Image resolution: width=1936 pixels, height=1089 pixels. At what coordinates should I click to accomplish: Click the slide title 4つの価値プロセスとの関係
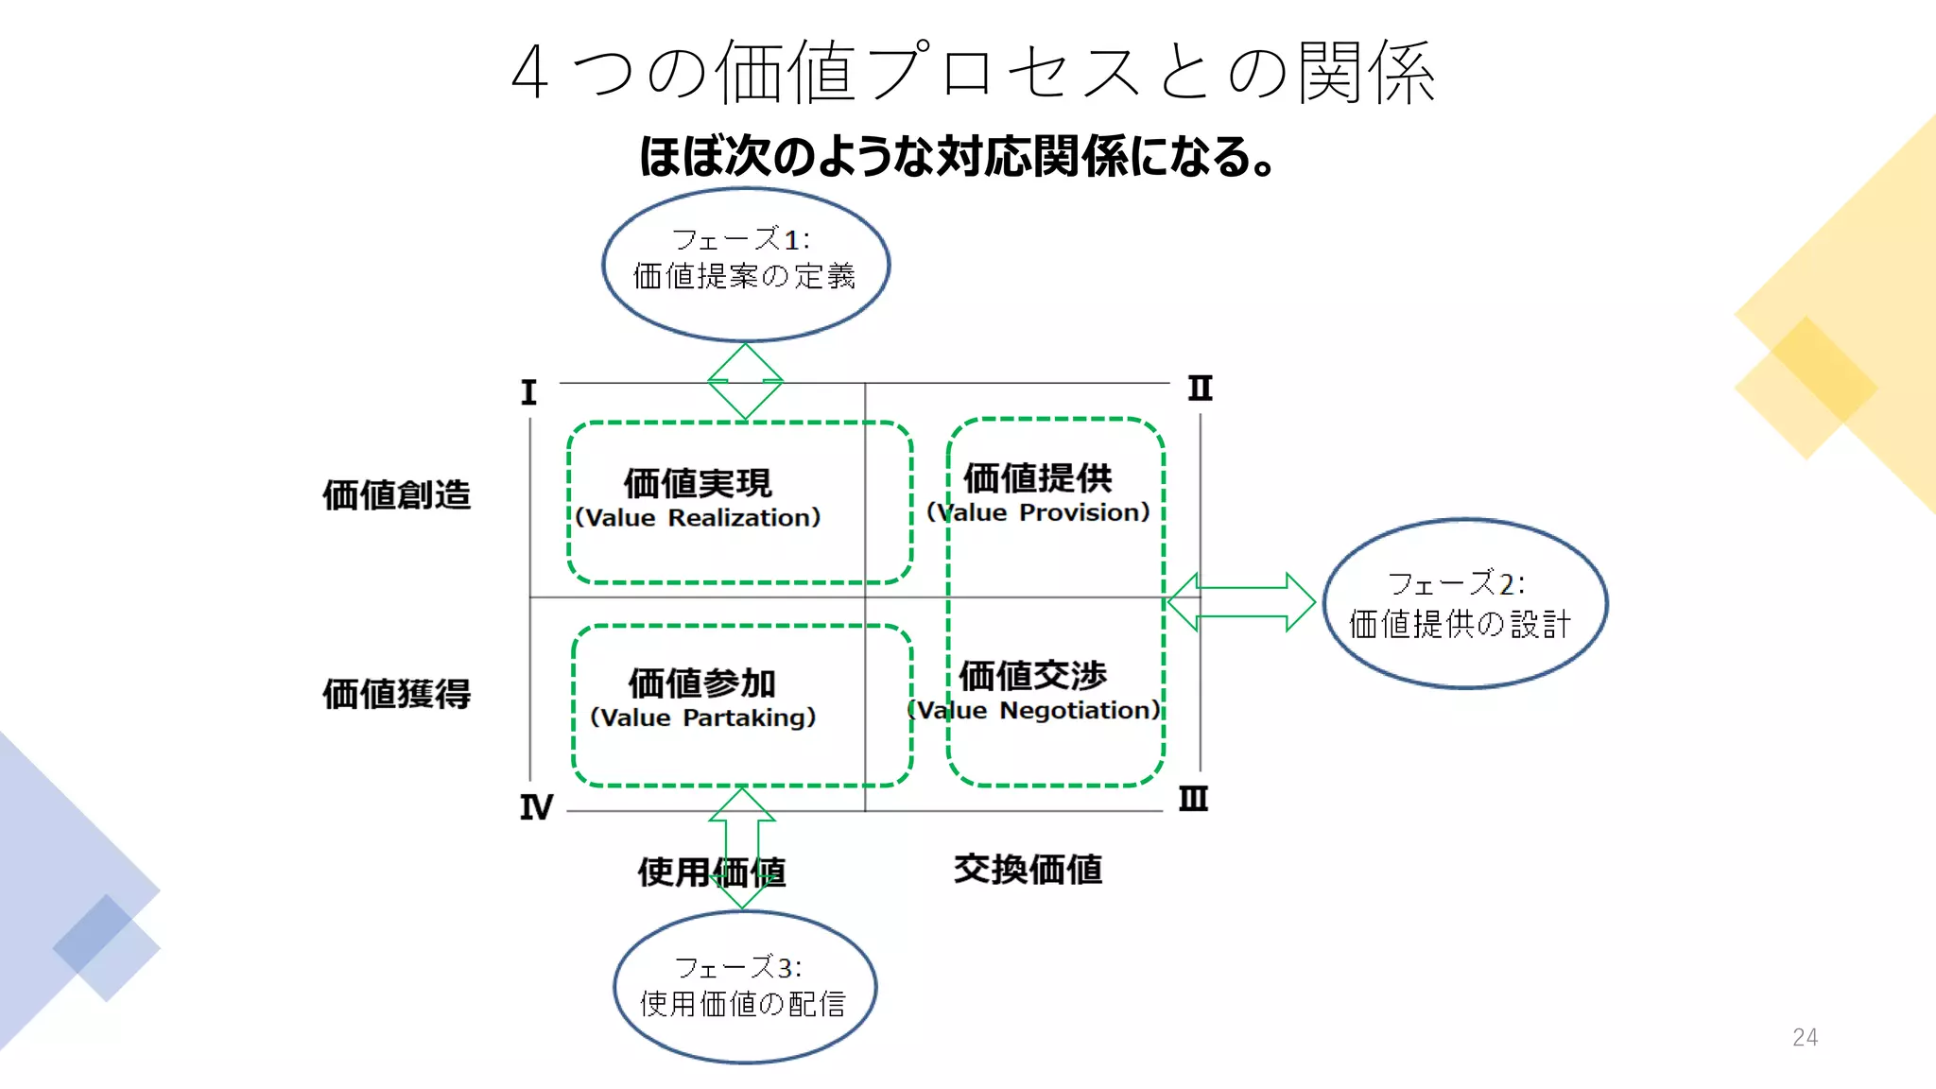click(x=974, y=72)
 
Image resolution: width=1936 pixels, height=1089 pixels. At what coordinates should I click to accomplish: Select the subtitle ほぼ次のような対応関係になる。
click(x=957, y=157)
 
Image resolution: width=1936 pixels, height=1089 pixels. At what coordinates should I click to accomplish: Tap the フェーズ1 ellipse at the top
click(x=745, y=264)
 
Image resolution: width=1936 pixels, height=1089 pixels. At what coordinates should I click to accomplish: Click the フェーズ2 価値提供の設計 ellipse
click(x=1463, y=604)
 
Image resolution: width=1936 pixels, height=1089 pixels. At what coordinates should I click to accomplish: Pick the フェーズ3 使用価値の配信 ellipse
click(x=744, y=987)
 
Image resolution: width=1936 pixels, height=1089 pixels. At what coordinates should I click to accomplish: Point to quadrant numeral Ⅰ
click(x=528, y=392)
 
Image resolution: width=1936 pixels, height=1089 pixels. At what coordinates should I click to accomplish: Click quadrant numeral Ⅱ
click(x=1200, y=389)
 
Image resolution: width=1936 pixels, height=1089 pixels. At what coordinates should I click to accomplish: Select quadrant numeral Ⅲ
click(x=1193, y=800)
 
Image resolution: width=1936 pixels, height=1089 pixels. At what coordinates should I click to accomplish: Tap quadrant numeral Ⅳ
click(x=535, y=807)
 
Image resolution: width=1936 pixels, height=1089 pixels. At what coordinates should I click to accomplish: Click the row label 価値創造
click(x=396, y=494)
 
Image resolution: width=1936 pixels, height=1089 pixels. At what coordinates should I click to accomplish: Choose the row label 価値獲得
click(x=396, y=694)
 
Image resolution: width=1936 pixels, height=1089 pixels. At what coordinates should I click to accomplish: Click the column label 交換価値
click(x=1028, y=870)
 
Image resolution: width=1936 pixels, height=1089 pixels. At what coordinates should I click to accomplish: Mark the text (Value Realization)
click(x=698, y=518)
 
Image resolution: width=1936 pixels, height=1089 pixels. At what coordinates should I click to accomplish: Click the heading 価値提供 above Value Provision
click(x=1037, y=478)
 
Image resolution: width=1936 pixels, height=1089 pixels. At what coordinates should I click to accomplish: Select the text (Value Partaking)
click(x=702, y=717)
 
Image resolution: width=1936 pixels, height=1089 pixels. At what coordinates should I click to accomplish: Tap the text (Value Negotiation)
click(x=1033, y=710)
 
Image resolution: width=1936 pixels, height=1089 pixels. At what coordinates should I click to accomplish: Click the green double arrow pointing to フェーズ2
click(x=1241, y=602)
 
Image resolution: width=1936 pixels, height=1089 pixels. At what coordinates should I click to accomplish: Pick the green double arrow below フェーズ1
click(x=745, y=381)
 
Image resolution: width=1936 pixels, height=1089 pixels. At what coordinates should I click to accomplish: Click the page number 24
click(x=1804, y=1037)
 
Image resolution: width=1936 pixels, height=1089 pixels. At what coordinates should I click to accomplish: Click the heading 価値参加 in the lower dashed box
click(x=701, y=683)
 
